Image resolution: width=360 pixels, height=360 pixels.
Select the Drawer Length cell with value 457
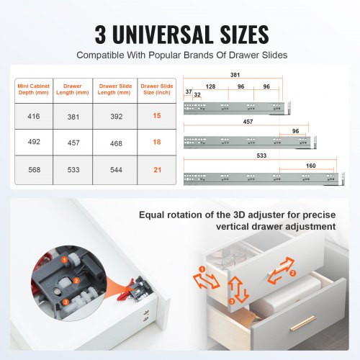click(x=73, y=143)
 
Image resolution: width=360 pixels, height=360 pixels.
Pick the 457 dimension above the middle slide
click(x=248, y=122)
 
